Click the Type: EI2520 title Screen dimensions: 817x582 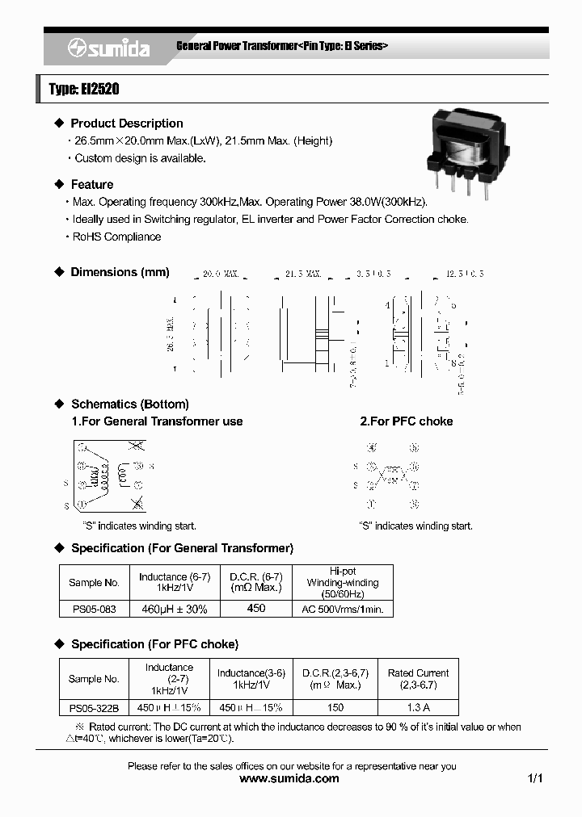tap(83, 90)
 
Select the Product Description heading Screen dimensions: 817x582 tap(126, 124)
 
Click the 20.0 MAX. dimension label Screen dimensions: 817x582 tap(221, 274)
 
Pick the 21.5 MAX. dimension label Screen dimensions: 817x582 tap(303, 274)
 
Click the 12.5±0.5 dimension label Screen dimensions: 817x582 tap(464, 274)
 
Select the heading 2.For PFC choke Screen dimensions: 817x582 tap(406, 421)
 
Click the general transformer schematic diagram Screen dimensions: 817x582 tap(111, 477)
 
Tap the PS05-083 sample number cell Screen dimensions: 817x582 tap(93, 609)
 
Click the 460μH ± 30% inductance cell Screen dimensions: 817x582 tap(174, 609)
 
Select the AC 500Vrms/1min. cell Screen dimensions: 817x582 tap(342, 609)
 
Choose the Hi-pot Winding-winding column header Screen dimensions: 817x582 tap(342, 582)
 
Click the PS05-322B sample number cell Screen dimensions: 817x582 tap(93, 707)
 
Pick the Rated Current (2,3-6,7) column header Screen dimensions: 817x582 tap(418, 679)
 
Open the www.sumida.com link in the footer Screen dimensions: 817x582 tap(290, 779)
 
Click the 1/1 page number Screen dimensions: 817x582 tap(534, 779)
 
